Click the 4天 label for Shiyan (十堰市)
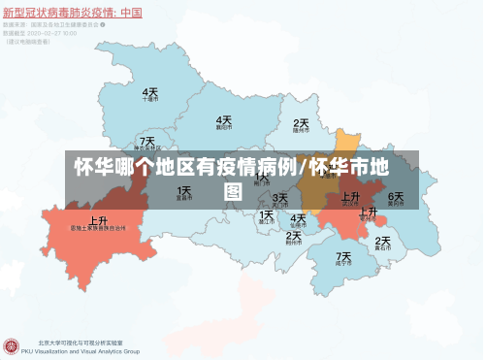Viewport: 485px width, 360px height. coord(150,91)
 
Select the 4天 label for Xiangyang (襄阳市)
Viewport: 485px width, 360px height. coord(224,119)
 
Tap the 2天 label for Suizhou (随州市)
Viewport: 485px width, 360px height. coord(301,124)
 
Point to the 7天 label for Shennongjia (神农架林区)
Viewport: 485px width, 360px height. coord(146,141)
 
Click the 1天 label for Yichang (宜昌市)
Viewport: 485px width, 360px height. coord(184,191)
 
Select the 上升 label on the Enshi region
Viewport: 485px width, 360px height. coord(98,220)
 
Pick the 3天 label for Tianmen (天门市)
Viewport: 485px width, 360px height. coord(279,198)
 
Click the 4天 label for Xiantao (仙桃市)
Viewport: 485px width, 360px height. coord(298,217)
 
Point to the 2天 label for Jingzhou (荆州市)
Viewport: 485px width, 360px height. coord(294,235)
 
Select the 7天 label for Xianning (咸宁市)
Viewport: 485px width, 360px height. coord(343,257)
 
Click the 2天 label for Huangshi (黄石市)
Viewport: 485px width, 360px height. coord(382,241)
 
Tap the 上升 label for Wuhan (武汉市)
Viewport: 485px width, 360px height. coord(351,195)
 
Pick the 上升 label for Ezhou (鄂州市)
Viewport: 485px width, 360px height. coord(368,212)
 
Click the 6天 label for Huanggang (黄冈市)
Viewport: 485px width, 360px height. coord(396,196)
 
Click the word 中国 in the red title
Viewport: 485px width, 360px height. coord(128,13)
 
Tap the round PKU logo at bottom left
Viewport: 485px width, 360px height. coord(12,346)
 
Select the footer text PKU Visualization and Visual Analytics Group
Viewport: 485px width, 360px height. coord(88,351)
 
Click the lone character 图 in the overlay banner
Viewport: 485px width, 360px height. coord(233,191)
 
